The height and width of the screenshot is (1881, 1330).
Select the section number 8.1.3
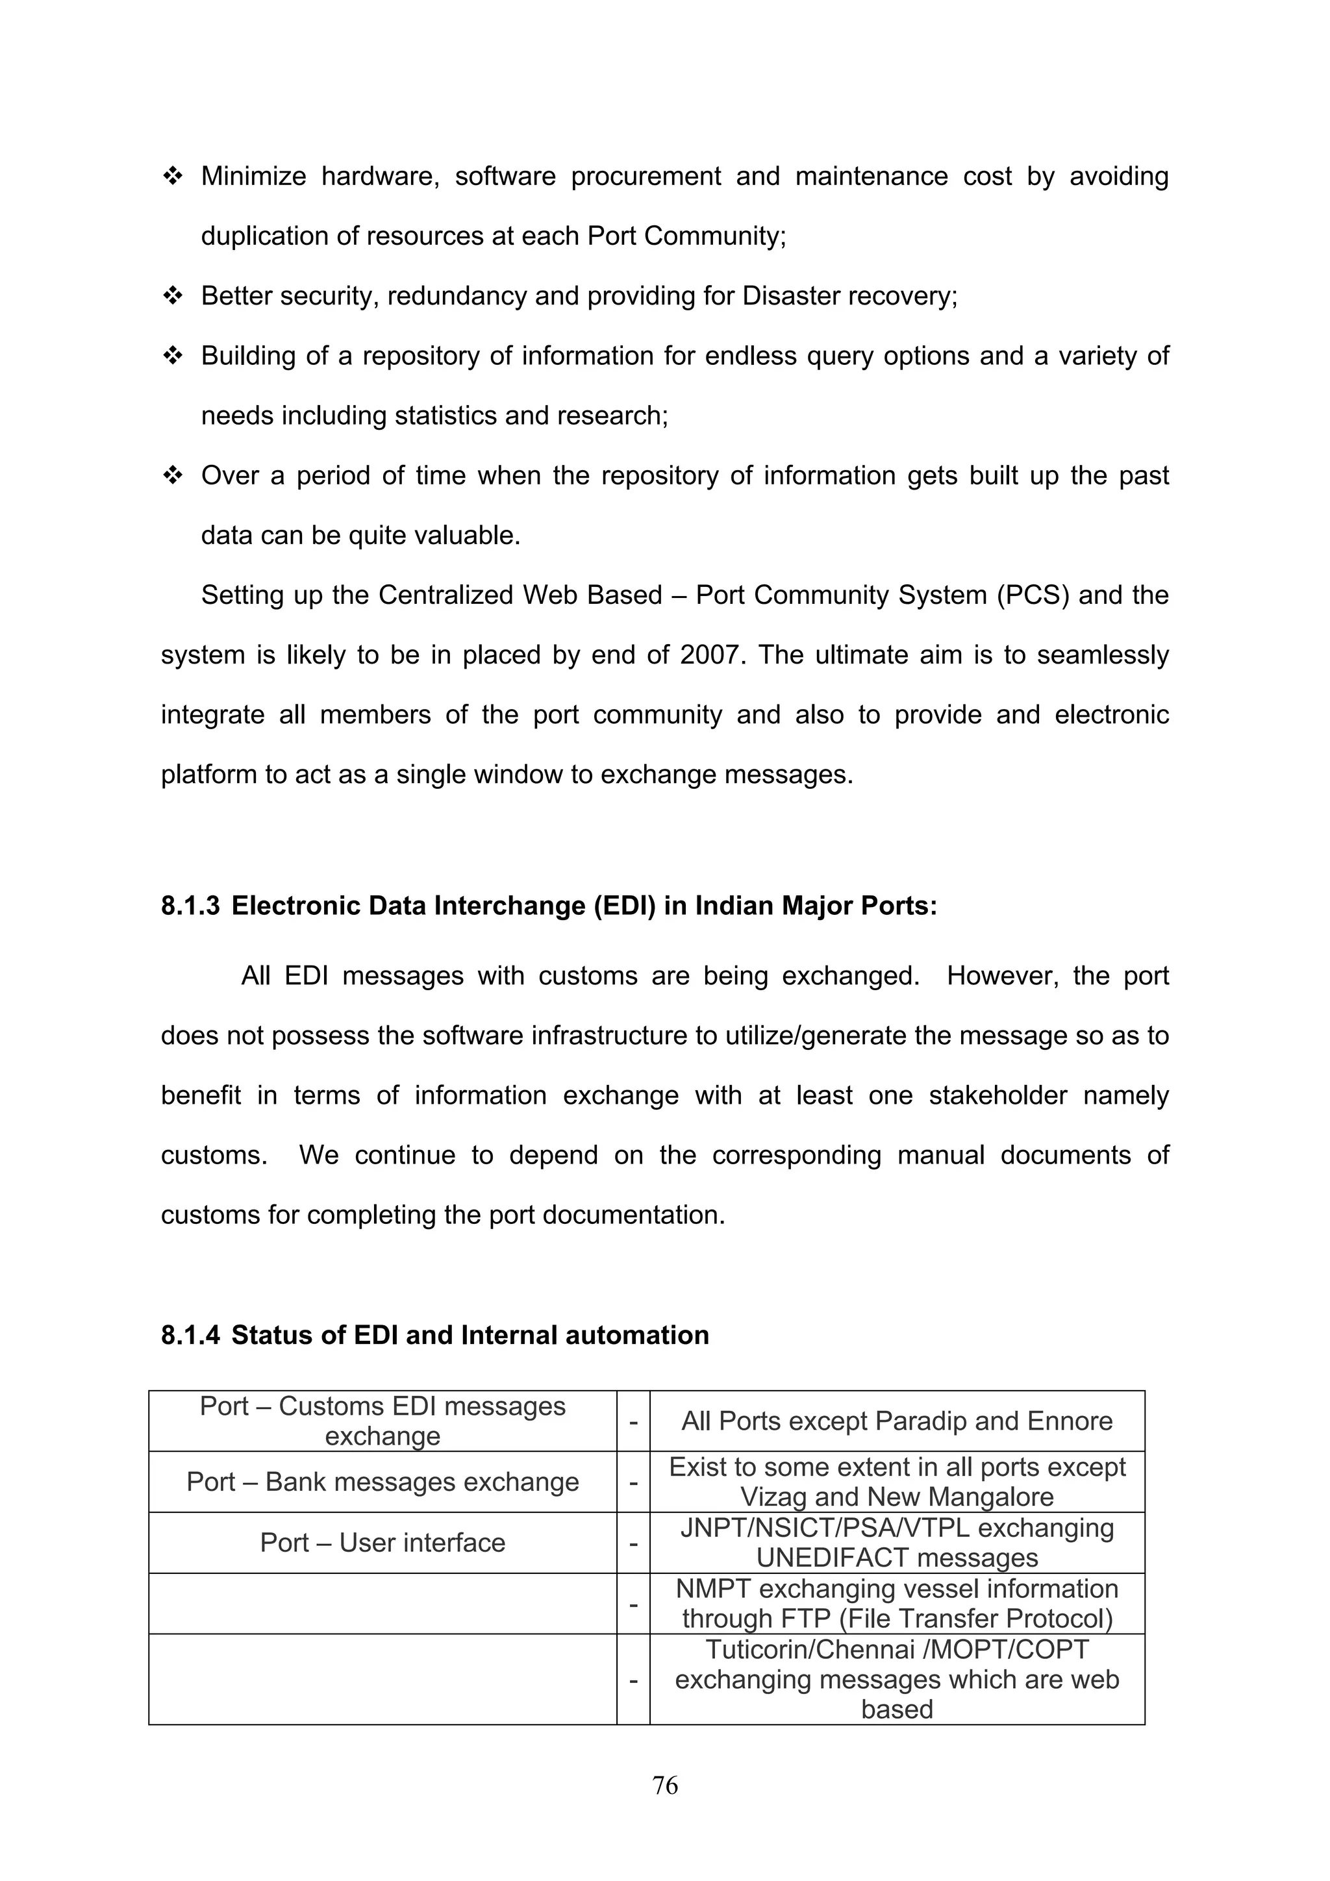[x=190, y=906]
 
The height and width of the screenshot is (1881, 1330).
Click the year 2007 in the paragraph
[x=710, y=655]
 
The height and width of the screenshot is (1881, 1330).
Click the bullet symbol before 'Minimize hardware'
[x=173, y=176]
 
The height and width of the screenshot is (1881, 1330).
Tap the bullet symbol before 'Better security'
[x=173, y=295]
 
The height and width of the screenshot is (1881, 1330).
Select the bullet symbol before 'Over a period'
[x=173, y=475]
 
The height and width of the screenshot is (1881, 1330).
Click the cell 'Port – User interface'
[x=382, y=1543]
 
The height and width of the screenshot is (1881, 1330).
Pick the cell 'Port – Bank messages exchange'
[x=382, y=1482]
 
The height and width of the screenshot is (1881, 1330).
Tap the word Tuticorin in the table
[x=763, y=1649]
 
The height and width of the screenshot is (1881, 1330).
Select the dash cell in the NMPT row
[x=633, y=1603]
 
